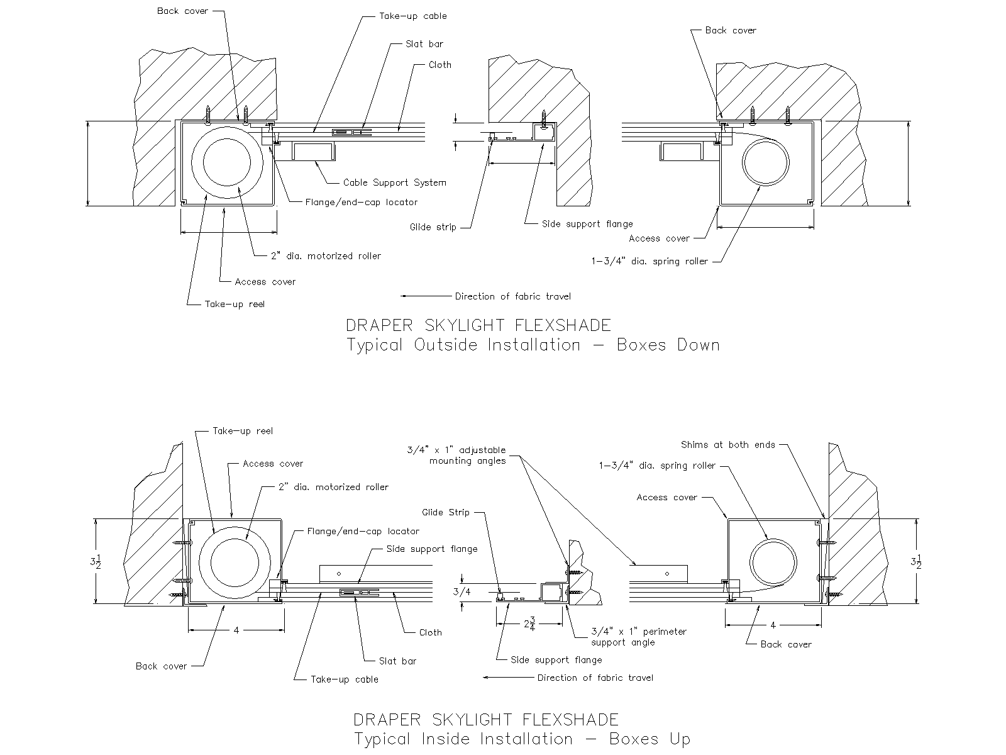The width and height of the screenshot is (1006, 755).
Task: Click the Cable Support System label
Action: tap(394, 182)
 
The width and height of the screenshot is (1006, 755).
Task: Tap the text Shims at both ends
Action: tap(728, 445)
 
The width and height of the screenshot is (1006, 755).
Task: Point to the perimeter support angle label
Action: tap(639, 637)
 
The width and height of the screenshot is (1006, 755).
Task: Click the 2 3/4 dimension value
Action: tap(529, 625)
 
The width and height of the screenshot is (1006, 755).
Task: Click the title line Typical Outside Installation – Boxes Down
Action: tap(533, 345)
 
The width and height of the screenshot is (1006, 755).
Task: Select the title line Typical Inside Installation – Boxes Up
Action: tap(522, 739)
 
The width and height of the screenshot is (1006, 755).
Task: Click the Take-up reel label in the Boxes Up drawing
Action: tap(243, 431)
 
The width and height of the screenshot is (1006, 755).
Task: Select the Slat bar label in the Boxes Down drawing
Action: tap(424, 44)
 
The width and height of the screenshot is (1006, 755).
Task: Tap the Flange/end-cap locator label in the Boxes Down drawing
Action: tap(361, 202)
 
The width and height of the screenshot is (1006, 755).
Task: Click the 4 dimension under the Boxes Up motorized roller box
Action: tap(236, 630)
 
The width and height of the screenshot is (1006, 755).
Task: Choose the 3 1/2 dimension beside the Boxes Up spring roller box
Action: tap(919, 562)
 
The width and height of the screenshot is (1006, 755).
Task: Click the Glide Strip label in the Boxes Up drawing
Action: tap(446, 512)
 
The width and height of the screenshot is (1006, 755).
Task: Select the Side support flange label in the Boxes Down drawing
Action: tap(587, 223)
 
